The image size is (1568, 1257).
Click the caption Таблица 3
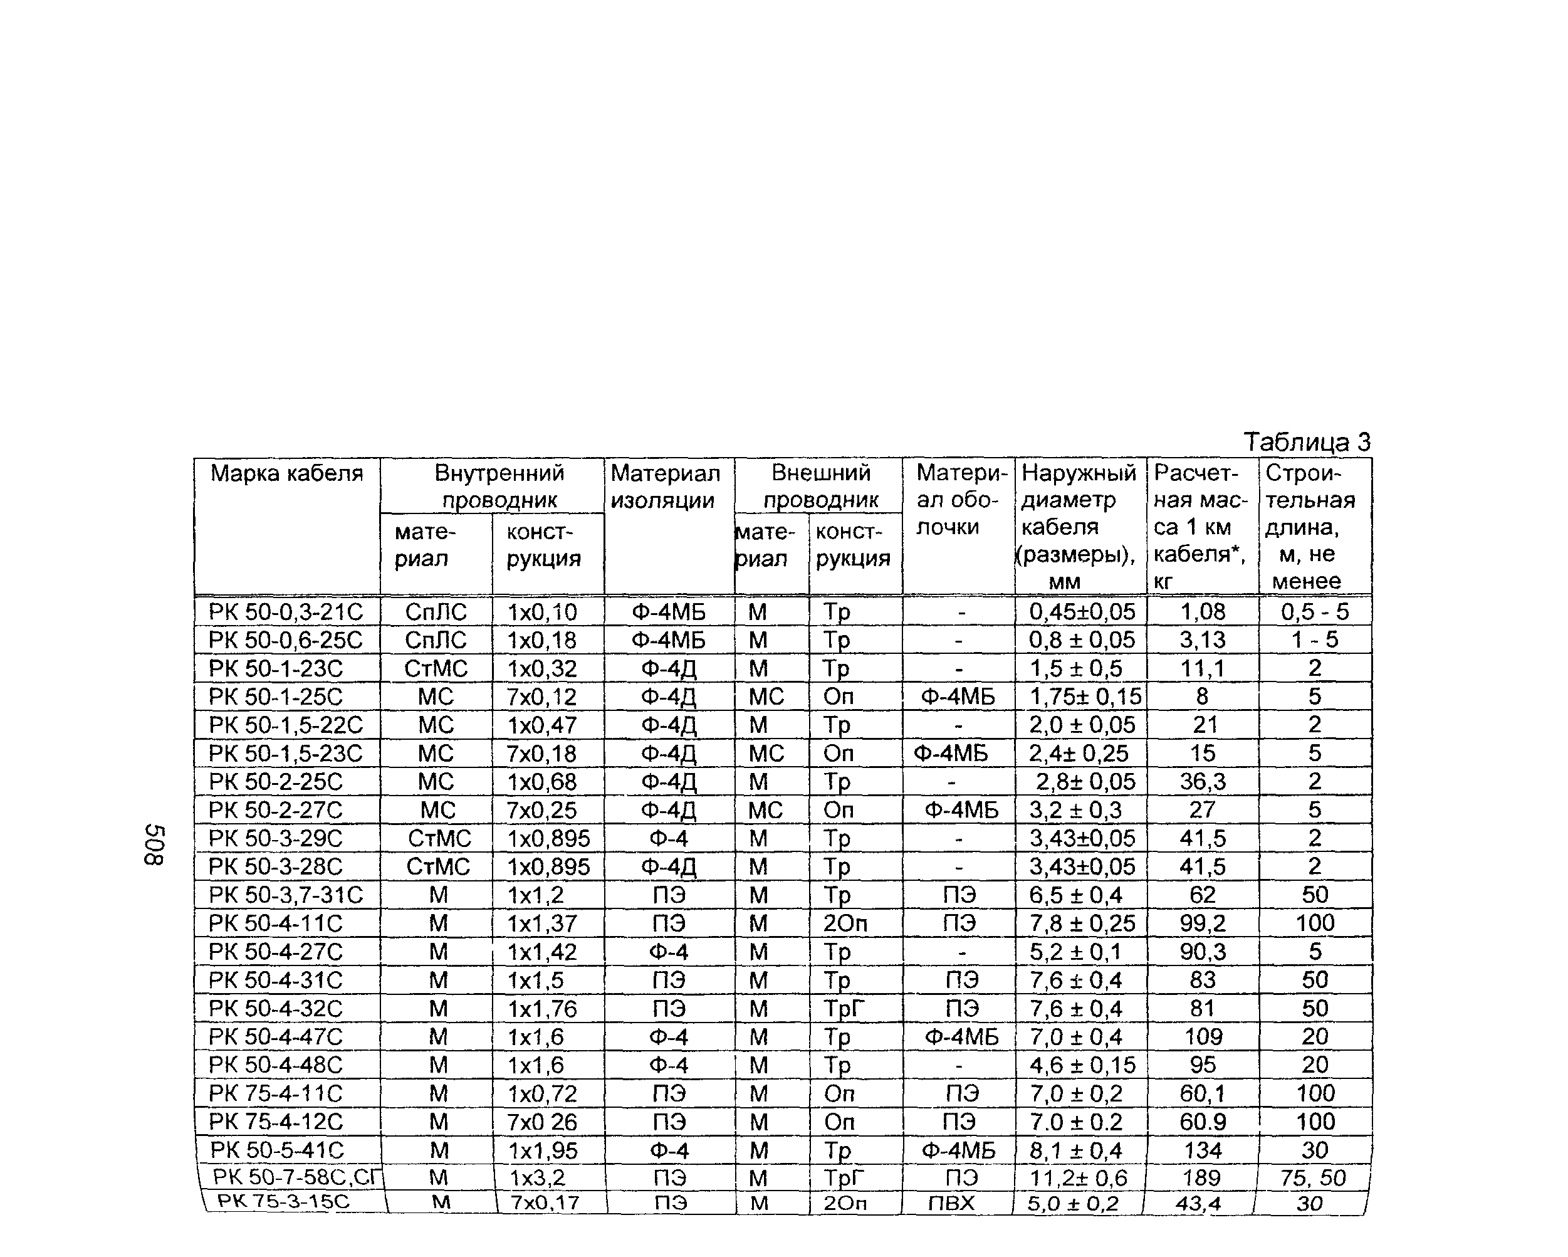1306,441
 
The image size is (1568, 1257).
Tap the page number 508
154,845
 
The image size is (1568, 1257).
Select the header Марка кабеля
286,473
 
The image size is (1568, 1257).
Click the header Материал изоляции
665,486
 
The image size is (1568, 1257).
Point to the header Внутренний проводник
499,486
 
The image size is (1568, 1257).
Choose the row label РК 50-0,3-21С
285,612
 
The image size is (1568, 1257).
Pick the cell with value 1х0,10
542,612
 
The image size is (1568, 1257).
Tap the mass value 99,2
1202,923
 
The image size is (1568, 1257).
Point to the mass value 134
1202,1150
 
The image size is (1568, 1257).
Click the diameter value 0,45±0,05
1082,612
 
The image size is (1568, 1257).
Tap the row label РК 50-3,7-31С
285,895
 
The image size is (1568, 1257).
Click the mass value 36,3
1202,781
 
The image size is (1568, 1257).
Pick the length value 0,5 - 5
1314,612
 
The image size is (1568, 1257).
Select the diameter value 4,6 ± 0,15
1082,1065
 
